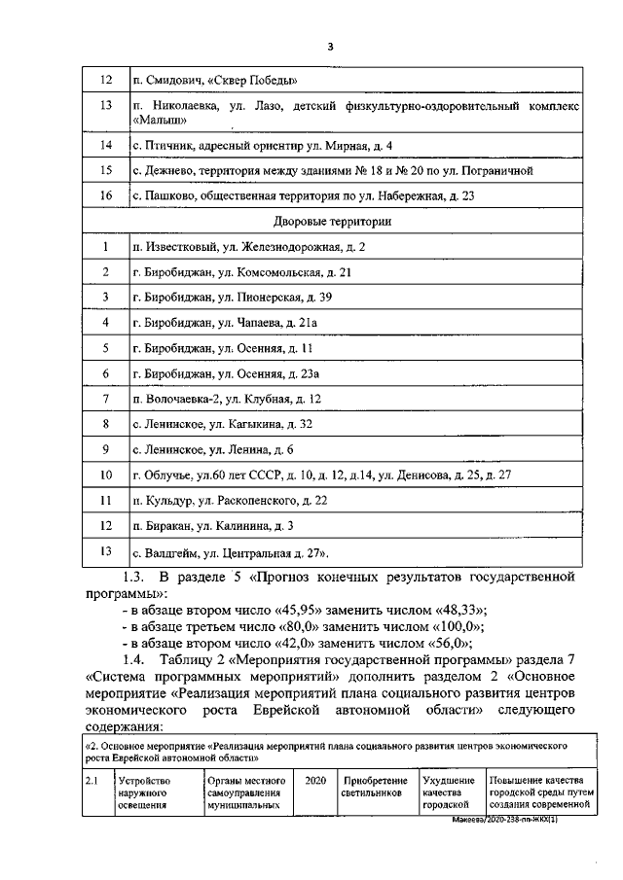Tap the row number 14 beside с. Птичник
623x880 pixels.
(106, 146)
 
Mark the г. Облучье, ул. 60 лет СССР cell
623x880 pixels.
(322, 475)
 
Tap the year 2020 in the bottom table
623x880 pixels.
(314, 781)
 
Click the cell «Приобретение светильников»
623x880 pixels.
(377, 787)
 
